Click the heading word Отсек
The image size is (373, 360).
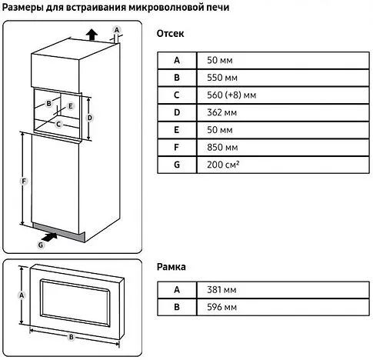pyautogui.click(x=170, y=35)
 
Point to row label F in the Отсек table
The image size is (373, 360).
pyautogui.click(x=176, y=148)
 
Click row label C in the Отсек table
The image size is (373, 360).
pyautogui.click(x=176, y=95)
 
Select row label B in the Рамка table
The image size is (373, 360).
pyautogui.click(x=176, y=307)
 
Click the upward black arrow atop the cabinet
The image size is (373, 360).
pyautogui.click(x=91, y=33)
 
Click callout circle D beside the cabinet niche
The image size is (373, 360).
pyautogui.click(x=90, y=118)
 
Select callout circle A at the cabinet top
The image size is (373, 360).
pyautogui.click(x=116, y=29)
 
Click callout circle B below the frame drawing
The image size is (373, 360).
pyautogui.click(x=71, y=337)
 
